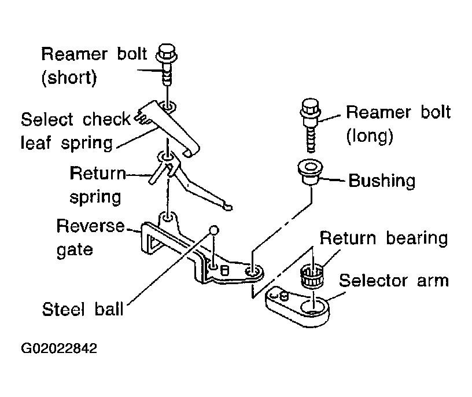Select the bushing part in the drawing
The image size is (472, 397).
point(311,172)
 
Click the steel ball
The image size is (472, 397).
point(213,230)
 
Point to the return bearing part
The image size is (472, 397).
point(312,274)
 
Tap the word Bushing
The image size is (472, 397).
point(382,181)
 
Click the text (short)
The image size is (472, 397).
point(69,78)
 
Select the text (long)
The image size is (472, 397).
point(370,136)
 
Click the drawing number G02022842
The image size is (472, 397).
point(59,348)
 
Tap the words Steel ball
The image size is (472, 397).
point(83,310)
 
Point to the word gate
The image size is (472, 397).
point(75,249)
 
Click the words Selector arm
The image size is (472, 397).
point(394,281)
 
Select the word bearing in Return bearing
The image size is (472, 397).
point(417,238)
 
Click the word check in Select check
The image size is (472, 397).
point(106,119)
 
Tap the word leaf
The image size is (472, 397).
point(36,142)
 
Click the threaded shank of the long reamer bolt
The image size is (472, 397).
point(311,139)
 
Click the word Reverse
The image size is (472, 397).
point(90,226)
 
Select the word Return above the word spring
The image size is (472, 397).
point(98,173)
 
